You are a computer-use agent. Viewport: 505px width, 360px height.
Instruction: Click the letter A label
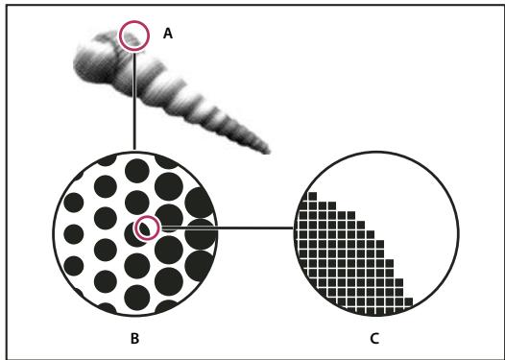point(168,34)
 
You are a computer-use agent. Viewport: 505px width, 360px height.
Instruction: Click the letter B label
point(134,339)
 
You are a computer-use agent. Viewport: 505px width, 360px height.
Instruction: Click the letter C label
point(374,339)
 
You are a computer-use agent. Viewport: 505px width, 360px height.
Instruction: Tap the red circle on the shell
point(134,21)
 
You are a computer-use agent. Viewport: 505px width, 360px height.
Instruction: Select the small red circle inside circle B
point(147,217)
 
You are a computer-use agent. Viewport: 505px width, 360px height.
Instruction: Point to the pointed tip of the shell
point(269,151)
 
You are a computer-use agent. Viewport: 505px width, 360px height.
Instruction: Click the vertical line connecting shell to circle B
point(134,101)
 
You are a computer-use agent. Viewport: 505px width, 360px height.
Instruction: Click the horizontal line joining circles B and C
point(227,228)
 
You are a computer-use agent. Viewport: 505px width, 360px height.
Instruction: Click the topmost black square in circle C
point(312,196)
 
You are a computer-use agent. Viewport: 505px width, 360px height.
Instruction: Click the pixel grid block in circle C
point(348,264)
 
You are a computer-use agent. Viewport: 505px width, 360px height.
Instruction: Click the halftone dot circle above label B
point(54,234)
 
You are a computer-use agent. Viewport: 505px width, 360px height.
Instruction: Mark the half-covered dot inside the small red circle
point(142,229)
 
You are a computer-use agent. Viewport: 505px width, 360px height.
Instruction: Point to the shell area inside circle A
point(133,37)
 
